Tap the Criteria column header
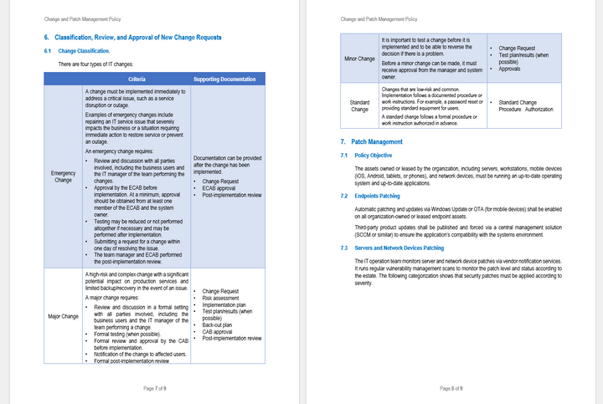click(x=136, y=79)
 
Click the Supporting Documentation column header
click(x=224, y=79)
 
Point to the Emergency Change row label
click(x=63, y=177)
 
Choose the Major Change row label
click(x=63, y=317)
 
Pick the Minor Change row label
click(x=360, y=59)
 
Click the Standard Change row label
click(x=360, y=105)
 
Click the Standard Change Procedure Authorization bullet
click(x=528, y=105)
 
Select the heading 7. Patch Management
click(x=371, y=142)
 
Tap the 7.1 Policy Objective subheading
click(x=373, y=156)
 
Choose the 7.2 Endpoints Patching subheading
click(x=377, y=196)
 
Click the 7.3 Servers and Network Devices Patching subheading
click(x=399, y=248)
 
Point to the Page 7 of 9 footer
click(x=155, y=388)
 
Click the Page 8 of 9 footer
click(x=451, y=388)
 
